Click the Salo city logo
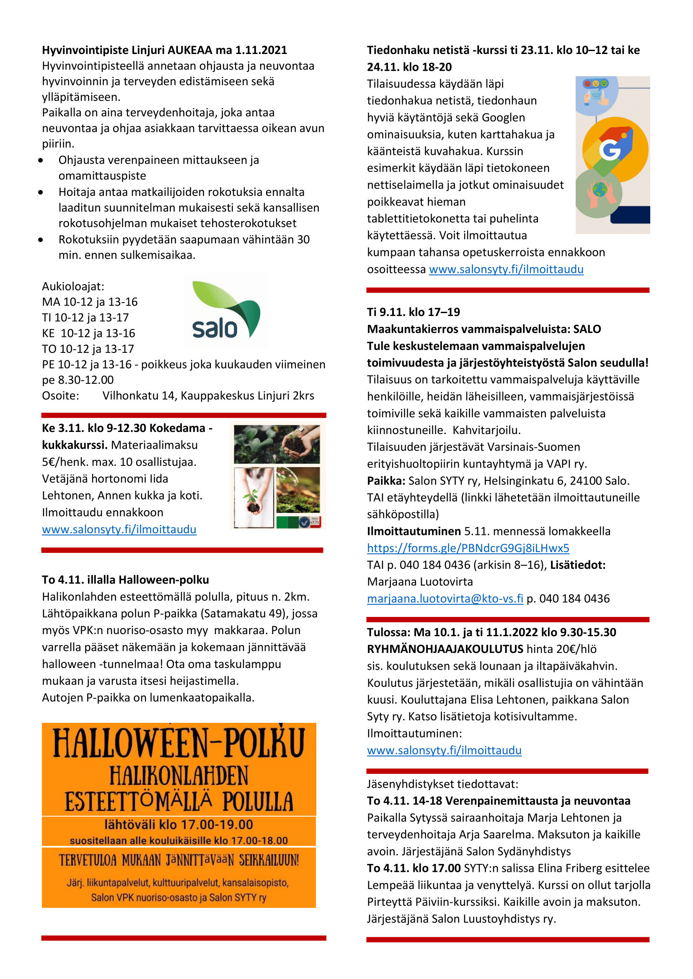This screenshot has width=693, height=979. (226, 311)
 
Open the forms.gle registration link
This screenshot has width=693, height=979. (468, 548)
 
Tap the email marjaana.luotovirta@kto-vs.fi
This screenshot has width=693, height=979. (445, 599)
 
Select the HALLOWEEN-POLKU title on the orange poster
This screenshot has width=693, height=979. (179, 744)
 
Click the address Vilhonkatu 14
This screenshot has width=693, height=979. (139, 396)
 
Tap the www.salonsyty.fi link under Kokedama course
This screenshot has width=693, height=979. (119, 529)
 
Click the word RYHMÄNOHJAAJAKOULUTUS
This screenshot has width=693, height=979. (445, 650)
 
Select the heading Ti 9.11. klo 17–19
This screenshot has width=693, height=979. (413, 312)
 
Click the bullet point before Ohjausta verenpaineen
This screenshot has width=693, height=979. (41, 160)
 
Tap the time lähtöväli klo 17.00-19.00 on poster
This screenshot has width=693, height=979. (178, 825)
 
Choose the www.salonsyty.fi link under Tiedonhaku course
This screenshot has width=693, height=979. (506, 270)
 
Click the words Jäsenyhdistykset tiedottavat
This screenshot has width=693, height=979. (442, 784)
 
